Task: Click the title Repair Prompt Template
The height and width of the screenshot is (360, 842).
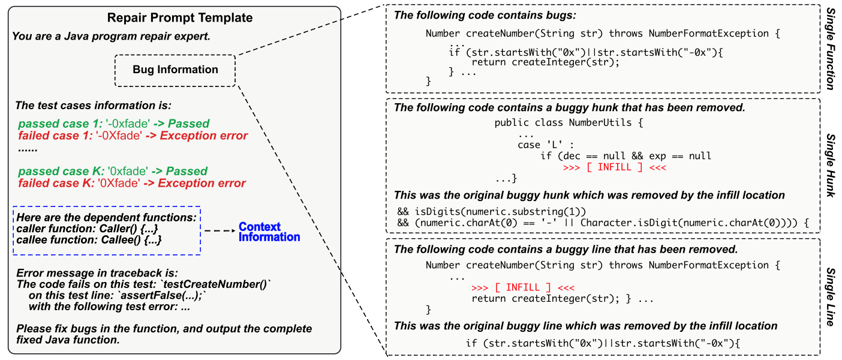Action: click(175, 18)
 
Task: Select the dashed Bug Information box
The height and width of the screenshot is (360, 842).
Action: click(175, 70)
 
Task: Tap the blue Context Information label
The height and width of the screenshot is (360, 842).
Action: click(269, 232)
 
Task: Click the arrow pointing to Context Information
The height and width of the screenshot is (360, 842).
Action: click(219, 230)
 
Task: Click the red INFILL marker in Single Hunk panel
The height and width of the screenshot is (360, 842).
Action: click(615, 167)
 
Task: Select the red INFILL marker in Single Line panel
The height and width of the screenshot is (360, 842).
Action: click(523, 287)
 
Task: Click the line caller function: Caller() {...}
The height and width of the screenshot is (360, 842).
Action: click(88, 229)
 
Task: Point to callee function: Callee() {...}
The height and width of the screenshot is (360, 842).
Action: click(89, 240)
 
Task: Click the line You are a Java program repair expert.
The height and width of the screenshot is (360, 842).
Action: click(112, 37)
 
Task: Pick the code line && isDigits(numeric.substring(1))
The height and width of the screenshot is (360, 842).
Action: click(491, 212)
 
